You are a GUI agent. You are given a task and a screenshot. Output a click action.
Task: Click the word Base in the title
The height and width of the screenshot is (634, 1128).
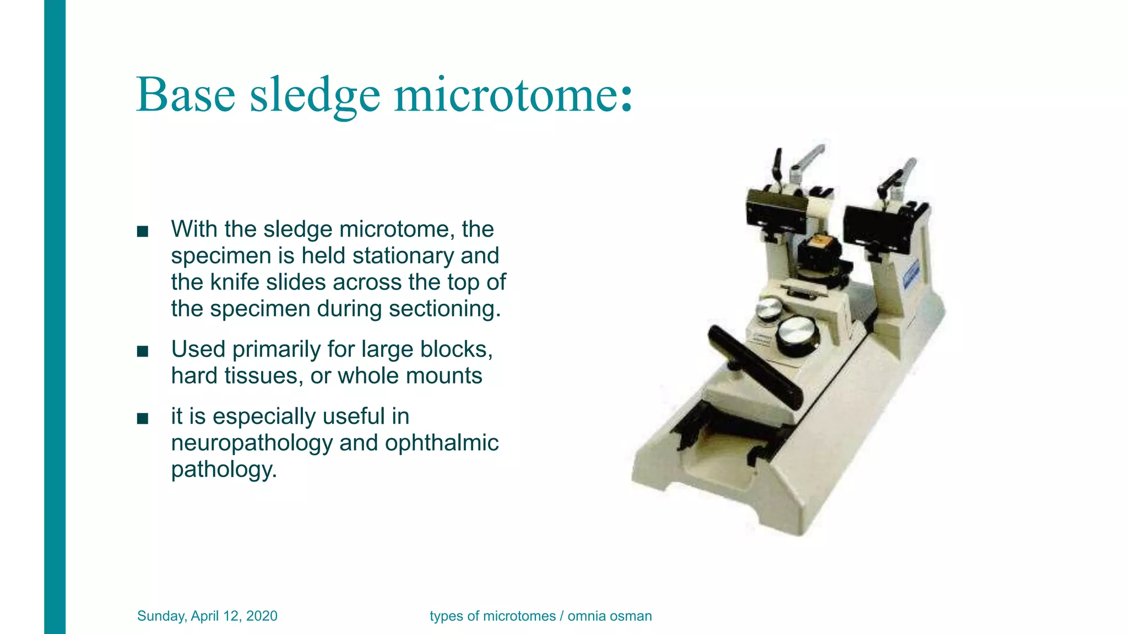[x=186, y=95]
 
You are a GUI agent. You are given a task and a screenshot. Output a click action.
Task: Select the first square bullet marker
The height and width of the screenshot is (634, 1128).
[x=143, y=232]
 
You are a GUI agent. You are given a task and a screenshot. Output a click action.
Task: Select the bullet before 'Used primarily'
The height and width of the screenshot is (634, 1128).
[x=143, y=351]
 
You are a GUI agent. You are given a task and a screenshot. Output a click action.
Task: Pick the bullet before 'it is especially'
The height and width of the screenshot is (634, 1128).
[x=143, y=418]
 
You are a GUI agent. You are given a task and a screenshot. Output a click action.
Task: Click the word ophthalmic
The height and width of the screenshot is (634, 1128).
[x=442, y=443]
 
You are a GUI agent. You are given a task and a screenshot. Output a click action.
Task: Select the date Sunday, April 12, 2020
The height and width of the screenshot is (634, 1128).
[x=207, y=616]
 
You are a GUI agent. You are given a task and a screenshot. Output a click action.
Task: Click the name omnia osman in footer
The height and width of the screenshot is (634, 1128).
[x=610, y=616]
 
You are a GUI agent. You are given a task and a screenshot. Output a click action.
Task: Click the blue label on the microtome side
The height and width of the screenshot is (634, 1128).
[x=912, y=276]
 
